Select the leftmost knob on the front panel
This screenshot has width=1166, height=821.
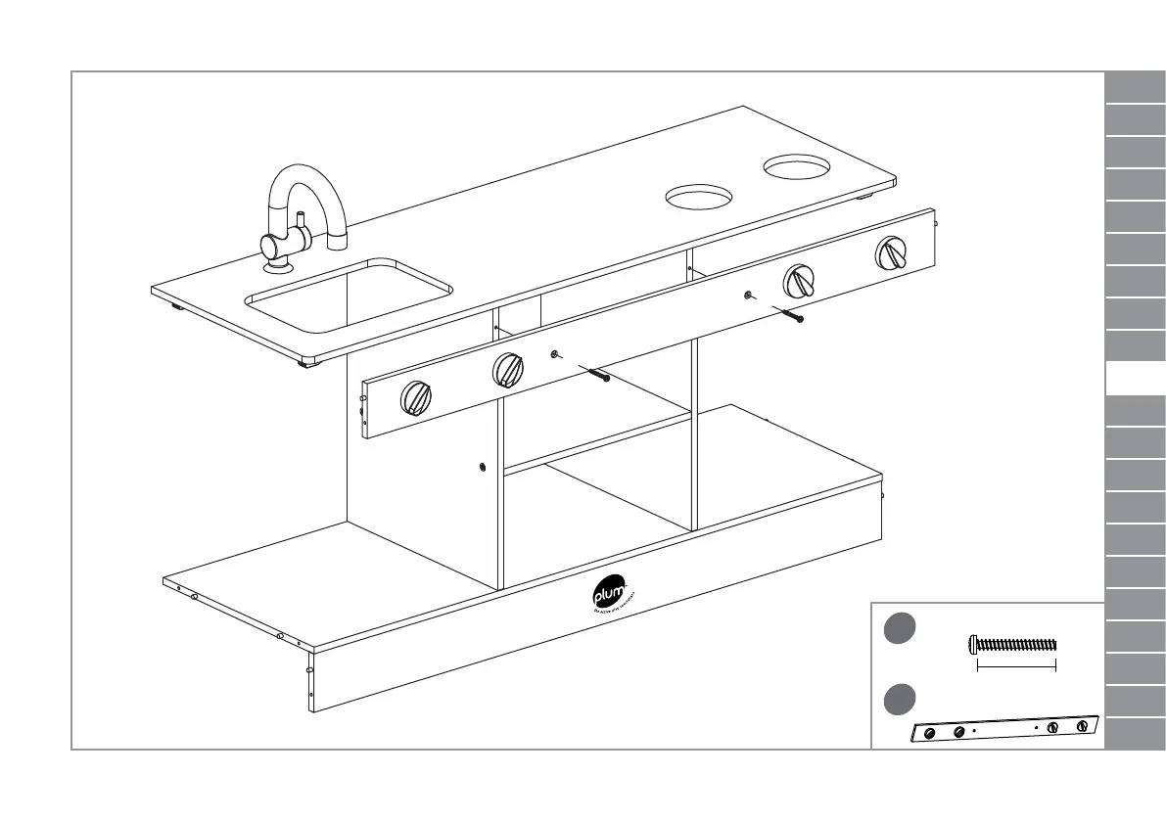pyautogui.click(x=415, y=398)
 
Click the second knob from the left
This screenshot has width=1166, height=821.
pyautogui.click(x=507, y=370)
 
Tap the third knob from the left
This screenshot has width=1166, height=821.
pyautogui.click(x=800, y=283)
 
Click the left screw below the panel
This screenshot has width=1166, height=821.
pyautogui.click(x=593, y=373)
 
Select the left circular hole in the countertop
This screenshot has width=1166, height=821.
pyautogui.click(x=699, y=198)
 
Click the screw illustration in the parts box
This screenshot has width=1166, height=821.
pyautogui.click(x=1012, y=644)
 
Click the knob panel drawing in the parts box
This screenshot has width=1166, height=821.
pyautogui.click(x=1004, y=730)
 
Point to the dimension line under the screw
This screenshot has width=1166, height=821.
pyautogui.click(x=1016, y=666)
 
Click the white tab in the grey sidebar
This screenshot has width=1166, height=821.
pyautogui.click(x=1135, y=377)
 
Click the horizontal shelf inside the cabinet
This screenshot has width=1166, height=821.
pyautogui.click(x=597, y=442)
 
